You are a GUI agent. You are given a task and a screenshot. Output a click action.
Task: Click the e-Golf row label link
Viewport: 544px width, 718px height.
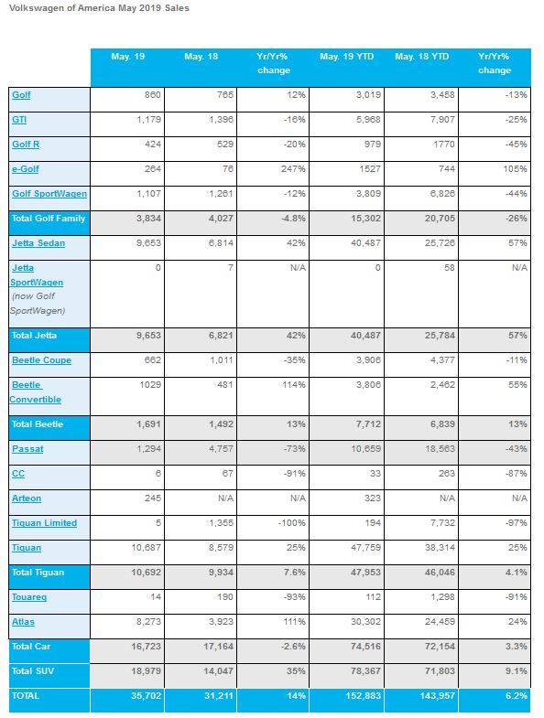click(26, 169)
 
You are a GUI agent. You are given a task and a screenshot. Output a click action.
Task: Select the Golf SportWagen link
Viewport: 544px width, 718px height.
click(49, 194)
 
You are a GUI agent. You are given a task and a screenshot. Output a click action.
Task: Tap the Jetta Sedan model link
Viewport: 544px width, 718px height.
click(38, 243)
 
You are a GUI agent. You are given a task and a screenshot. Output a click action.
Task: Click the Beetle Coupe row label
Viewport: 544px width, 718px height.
click(42, 360)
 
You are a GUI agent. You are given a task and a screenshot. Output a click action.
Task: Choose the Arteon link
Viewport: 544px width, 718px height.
click(27, 498)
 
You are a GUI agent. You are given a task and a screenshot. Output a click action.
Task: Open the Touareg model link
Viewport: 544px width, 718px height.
click(29, 597)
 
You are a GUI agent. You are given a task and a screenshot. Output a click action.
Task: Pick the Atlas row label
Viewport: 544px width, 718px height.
click(24, 622)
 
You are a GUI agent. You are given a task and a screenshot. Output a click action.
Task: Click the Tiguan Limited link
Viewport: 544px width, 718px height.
click(45, 523)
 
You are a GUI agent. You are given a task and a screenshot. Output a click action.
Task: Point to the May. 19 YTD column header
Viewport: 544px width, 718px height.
click(347, 57)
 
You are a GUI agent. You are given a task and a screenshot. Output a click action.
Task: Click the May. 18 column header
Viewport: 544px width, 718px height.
click(201, 57)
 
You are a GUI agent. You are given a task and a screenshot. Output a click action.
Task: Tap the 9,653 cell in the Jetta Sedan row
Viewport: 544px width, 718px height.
click(148, 243)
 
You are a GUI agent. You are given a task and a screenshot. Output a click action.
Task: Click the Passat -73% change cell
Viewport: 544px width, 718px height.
click(294, 449)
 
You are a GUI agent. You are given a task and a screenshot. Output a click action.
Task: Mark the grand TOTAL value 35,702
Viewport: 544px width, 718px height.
click(146, 696)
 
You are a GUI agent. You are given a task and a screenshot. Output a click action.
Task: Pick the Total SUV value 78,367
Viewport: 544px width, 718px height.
click(365, 671)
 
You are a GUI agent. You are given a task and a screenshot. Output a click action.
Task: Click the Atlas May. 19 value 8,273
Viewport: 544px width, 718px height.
click(148, 622)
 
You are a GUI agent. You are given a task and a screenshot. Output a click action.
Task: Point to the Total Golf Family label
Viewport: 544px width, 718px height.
click(49, 219)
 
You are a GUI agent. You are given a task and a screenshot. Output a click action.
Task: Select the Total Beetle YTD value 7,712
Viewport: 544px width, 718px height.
click(368, 424)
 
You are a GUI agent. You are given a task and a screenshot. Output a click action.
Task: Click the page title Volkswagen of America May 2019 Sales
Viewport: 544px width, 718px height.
click(99, 8)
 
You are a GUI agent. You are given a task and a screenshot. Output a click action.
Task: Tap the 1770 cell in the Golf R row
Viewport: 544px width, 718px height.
click(443, 145)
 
